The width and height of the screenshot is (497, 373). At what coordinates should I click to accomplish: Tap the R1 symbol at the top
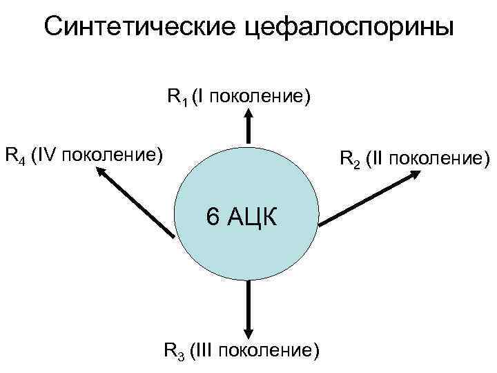click(x=176, y=97)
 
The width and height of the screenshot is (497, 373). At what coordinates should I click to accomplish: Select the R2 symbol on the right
click(x=348, y=161)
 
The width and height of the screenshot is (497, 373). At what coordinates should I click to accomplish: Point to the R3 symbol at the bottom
click(x=173, y=350)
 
